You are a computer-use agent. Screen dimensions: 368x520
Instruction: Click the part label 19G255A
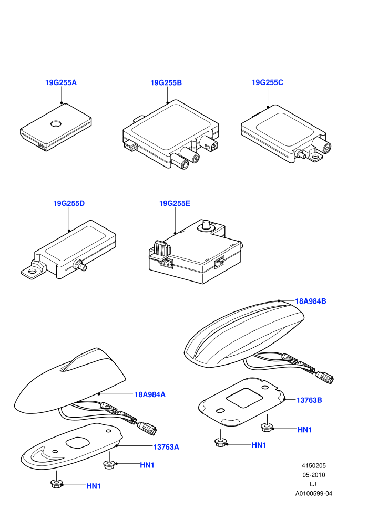[x=61, y=82]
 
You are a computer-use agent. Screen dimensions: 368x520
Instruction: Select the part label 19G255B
[x=166, y=82]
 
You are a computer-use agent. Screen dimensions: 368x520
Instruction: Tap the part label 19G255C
[x=268, y=82]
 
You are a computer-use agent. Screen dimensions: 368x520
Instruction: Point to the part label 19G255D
[x=69, y=203]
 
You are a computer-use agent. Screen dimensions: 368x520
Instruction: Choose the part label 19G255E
[x=175, y=203]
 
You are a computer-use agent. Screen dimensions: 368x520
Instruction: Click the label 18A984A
[x=150, y=394]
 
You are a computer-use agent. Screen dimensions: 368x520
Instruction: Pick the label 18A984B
[x=311, y=301]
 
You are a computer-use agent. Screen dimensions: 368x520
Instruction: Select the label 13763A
[x=166, y=447]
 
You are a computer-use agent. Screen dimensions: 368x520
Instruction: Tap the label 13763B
[x=309, y=400]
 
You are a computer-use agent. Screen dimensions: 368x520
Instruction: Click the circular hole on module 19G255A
[x=56, y=124]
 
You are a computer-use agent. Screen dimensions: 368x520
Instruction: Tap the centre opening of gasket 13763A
[x=78, y=443]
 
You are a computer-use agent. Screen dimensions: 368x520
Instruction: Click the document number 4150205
[x=313, y=465]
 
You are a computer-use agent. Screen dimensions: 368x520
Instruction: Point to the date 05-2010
[x=313, y=475]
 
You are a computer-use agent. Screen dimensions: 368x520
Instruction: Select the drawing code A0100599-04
[x=313, y=493]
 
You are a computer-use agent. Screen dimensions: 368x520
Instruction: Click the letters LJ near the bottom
[x=313, y=484]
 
